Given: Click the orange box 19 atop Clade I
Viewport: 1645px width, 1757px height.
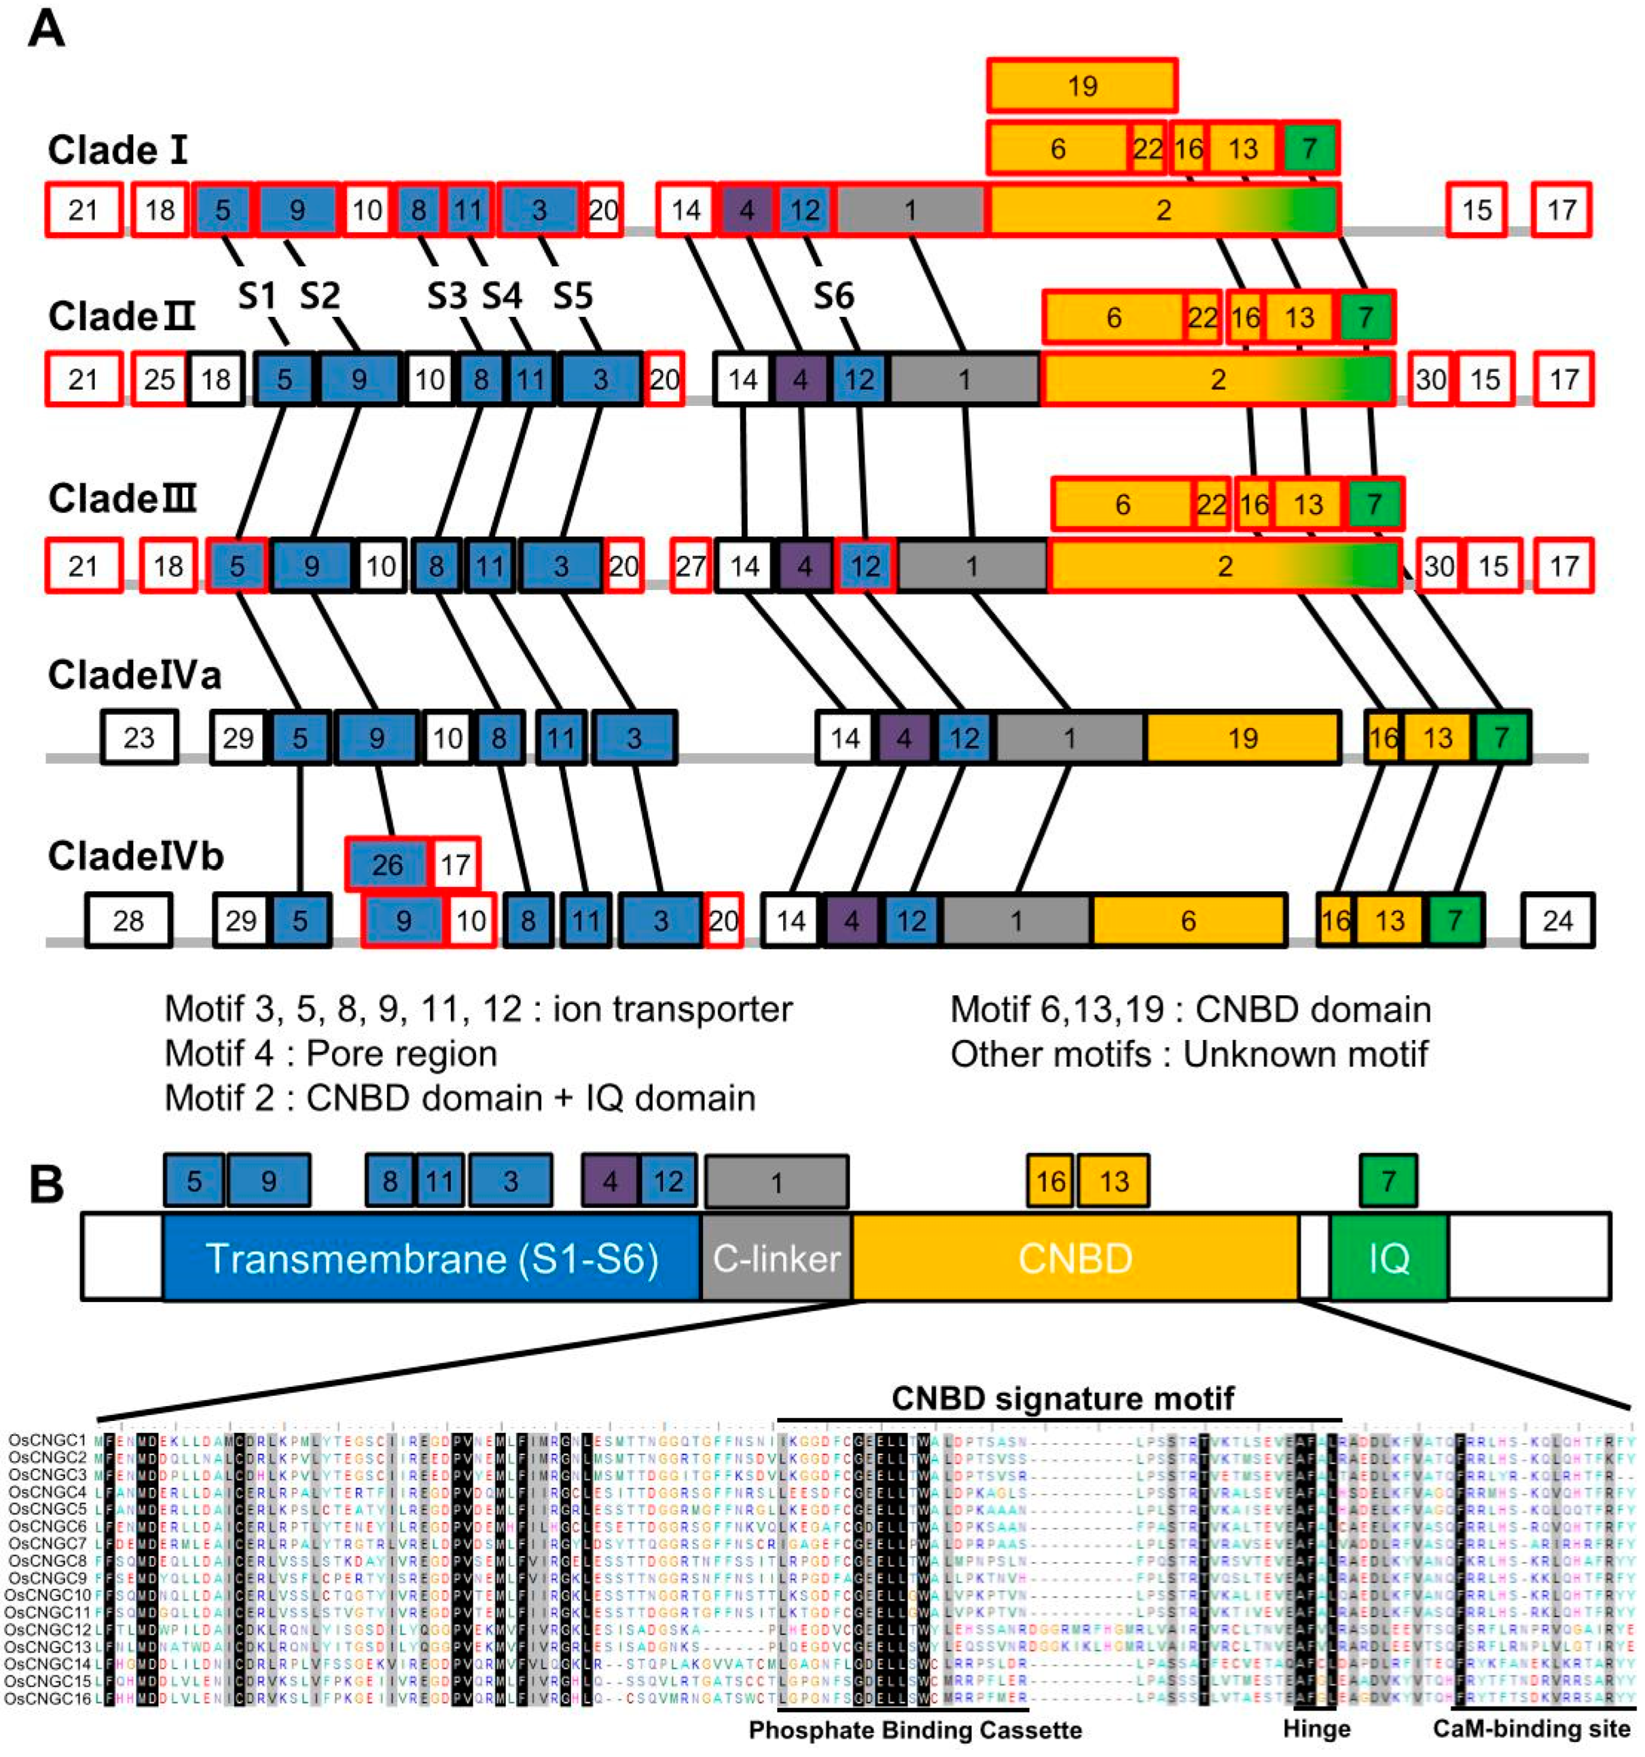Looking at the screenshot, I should tap(1081, 86).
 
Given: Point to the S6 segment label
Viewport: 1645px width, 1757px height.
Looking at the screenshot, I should tap(833, 296).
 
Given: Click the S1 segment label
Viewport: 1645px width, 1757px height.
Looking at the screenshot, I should tap(257, 296).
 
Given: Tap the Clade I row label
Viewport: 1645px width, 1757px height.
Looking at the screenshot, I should tap(118, 150).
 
